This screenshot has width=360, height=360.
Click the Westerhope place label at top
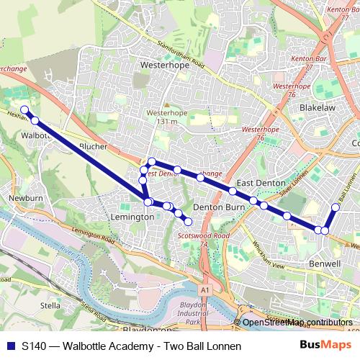pos(165,63)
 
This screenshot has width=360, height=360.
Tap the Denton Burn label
pos(219,207)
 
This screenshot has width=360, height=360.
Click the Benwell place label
pos(324,264)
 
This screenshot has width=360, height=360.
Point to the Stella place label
pos(50,305)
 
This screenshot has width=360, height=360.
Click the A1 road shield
pos(207,289)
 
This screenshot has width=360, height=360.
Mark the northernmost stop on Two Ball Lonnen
pos(336,207)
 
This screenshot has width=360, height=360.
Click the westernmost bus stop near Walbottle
pos(24,110)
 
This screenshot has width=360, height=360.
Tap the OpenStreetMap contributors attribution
pos(297,323)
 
